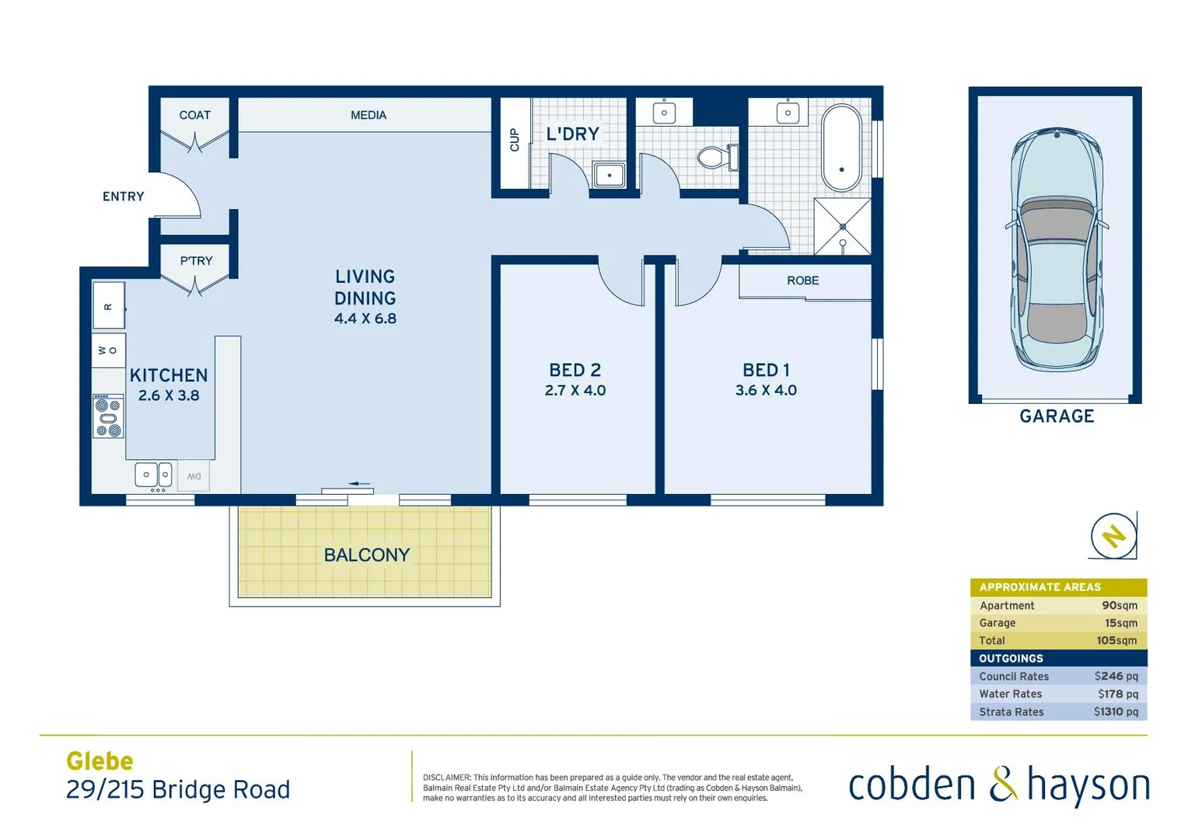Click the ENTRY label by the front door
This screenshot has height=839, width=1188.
coord(124,197)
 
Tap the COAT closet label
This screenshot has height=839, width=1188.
coord(194,115)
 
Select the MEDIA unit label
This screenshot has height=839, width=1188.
coord(368,115)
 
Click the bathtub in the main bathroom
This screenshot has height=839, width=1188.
coord(841,148)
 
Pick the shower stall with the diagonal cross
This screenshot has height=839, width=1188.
coord(842,226)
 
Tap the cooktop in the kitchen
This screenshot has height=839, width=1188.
coord(108,416)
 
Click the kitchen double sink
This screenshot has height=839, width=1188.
coord(153,474)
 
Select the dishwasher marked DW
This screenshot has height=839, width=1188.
coord(194,476)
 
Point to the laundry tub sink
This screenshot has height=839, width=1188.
coord(609,175)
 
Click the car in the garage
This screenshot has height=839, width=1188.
coord(1056,249)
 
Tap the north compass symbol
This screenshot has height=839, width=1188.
coord(1113,536)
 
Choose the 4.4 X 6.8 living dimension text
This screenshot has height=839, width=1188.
coord(365,319)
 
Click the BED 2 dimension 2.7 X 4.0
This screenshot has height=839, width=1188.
coord(575,391)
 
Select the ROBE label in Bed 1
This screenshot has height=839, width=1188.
coord(802,280)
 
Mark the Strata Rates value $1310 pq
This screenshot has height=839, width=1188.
coord(1115,712)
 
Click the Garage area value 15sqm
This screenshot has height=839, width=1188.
coord(1120,623)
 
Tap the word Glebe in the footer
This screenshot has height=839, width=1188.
coord(100,761)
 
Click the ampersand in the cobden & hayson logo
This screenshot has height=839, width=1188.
coord(1002,784)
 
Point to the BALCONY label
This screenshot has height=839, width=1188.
coord(366,555)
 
